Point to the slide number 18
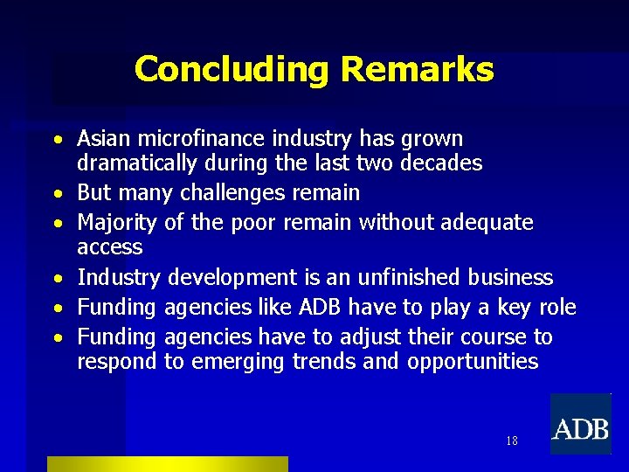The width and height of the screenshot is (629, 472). [511, 441]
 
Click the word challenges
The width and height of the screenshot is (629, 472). [233, 193]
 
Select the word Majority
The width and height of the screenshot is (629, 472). [117, 223]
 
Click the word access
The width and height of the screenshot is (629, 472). [109, 247]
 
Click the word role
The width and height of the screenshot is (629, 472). [557, 308]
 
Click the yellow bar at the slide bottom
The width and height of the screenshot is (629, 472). [167, 464]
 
